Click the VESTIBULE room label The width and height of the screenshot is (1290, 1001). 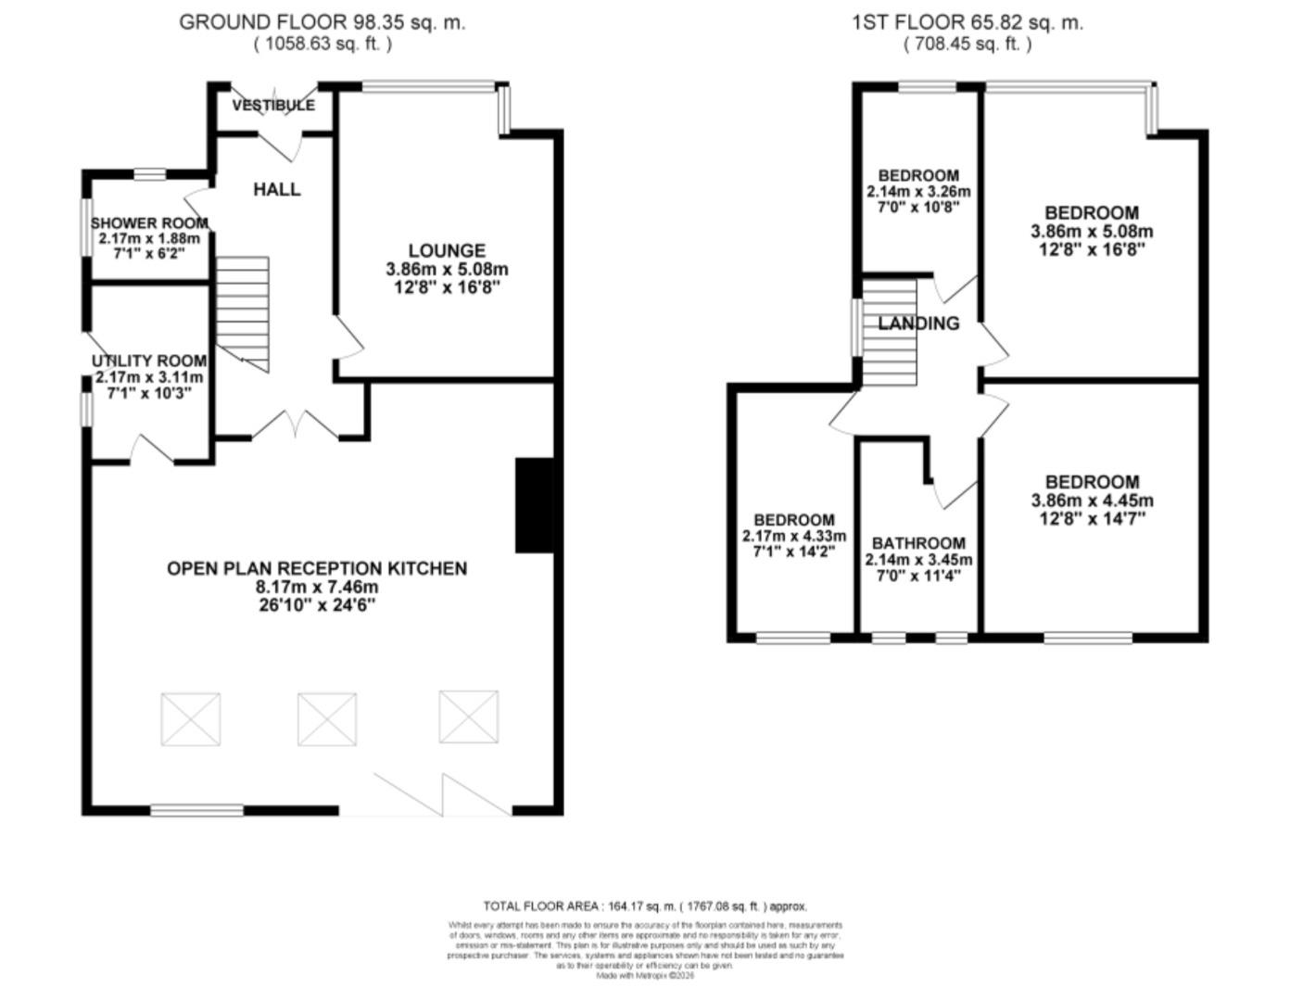pyautogui.click(x=273, y=105)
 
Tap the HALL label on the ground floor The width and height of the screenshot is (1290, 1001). pyautogui.click(x=276, y=189)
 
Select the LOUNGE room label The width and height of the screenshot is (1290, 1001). pyautogui.click(x=447, y=250)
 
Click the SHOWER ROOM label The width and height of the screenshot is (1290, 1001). pyautogui.click(x=149, y=223)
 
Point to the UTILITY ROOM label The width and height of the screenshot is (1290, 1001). pyautogui.click(x=149, y=361)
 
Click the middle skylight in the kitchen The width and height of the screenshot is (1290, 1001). pyautogui.click(x=326, y=718)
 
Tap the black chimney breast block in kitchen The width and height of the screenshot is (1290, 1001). pyautogui.click(x=534, y=505)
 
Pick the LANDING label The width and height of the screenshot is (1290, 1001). pyautogui.click(x=918, y=323)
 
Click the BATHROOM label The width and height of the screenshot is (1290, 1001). pyautogui.click(x=918, y=543)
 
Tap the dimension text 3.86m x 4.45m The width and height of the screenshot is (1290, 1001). pyautogui.click(x=1092, y=500)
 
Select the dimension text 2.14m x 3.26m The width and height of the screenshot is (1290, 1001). pyautogui.click(x=918, y=192)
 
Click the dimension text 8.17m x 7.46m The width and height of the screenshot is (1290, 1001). pyautogui.click(x=317, y=587)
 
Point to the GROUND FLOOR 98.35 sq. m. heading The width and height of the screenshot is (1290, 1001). pyautogui.click(x=322, y=22)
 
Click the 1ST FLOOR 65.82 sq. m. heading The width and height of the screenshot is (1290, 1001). pyautogui.click(x=967, y=22)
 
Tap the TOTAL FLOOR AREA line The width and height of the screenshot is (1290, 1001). pyautogui.click(x=645, y=906)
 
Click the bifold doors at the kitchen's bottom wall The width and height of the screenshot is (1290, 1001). pyautogui.click(x=443, y=795)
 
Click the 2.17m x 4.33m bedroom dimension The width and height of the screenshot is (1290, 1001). pyautogui.click(x=793, y=537)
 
